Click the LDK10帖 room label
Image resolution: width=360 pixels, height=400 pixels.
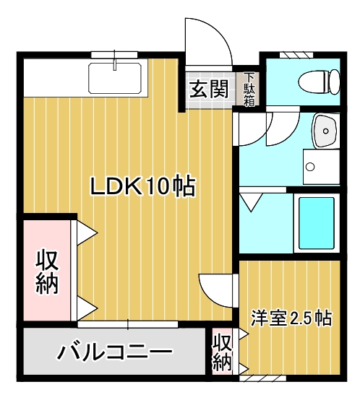click(x=142, y=186)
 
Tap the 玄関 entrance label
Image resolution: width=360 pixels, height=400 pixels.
click(x=209, y=90)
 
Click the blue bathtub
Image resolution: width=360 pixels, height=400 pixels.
click(x=316, y=222)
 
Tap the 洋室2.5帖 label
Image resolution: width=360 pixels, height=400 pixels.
click(x=291, y=318)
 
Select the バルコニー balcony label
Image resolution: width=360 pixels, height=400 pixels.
click(x=116, y=353)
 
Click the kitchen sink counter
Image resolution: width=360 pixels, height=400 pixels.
click(x=116, y=77)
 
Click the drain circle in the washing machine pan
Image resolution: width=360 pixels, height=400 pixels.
click(x=310, y=168)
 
